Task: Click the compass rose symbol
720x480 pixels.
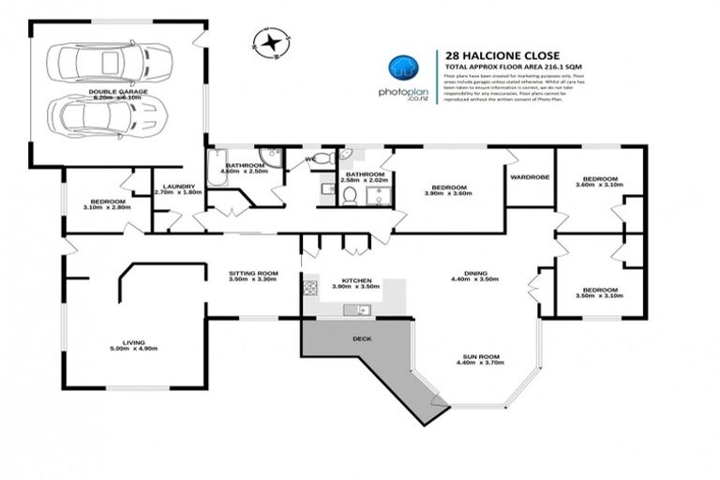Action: (271, 41)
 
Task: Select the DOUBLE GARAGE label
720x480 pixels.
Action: (114, 92)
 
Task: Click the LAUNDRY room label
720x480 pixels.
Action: (178, 187)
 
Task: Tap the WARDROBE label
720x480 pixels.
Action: (528, 176)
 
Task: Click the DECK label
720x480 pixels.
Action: (361, 338)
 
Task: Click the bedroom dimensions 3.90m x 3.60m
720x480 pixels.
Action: (446, 193)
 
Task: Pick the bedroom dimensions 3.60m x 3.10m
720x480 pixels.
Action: (599, 185)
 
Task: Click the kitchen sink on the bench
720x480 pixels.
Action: (356, 309)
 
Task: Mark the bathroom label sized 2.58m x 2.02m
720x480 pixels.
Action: (364, 179)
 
